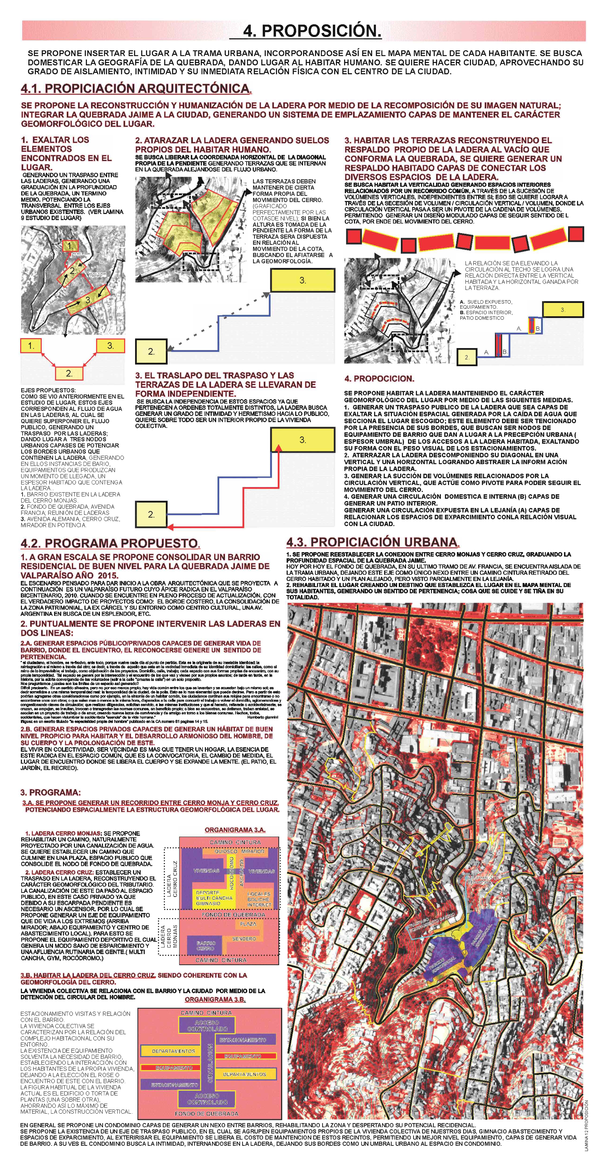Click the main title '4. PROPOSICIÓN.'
[312, 31]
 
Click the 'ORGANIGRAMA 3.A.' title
[235, 830]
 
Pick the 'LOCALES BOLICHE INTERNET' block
[259, 899]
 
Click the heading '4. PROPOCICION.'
[379, 378]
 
